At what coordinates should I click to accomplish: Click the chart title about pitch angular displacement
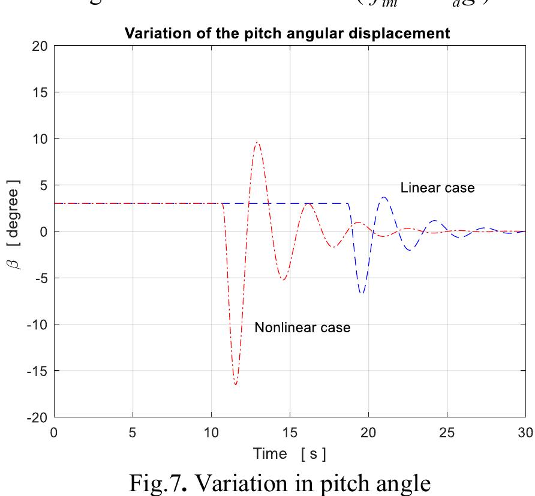tap(287, 34)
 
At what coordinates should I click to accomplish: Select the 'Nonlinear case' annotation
tap(302, 327)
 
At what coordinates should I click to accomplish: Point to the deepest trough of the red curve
tap(236, 384)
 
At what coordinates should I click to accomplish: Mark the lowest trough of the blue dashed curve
tap(362, 293)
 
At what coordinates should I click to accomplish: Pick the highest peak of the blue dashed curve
tap(384, 197)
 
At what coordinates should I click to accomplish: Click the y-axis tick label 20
tap(39, 46)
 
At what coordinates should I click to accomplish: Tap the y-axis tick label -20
tap(37, 417)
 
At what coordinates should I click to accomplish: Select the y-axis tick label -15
tap(37, 371)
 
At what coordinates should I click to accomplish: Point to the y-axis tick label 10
tap(39, 139)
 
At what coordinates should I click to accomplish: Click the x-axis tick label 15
tap(290, 431)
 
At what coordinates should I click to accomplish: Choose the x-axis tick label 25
tap(447, 431)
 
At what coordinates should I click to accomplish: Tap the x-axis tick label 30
tap(525, 431)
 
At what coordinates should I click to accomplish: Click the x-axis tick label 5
tap(133, 431)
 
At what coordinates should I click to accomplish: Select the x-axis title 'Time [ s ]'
tap(290, 453)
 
